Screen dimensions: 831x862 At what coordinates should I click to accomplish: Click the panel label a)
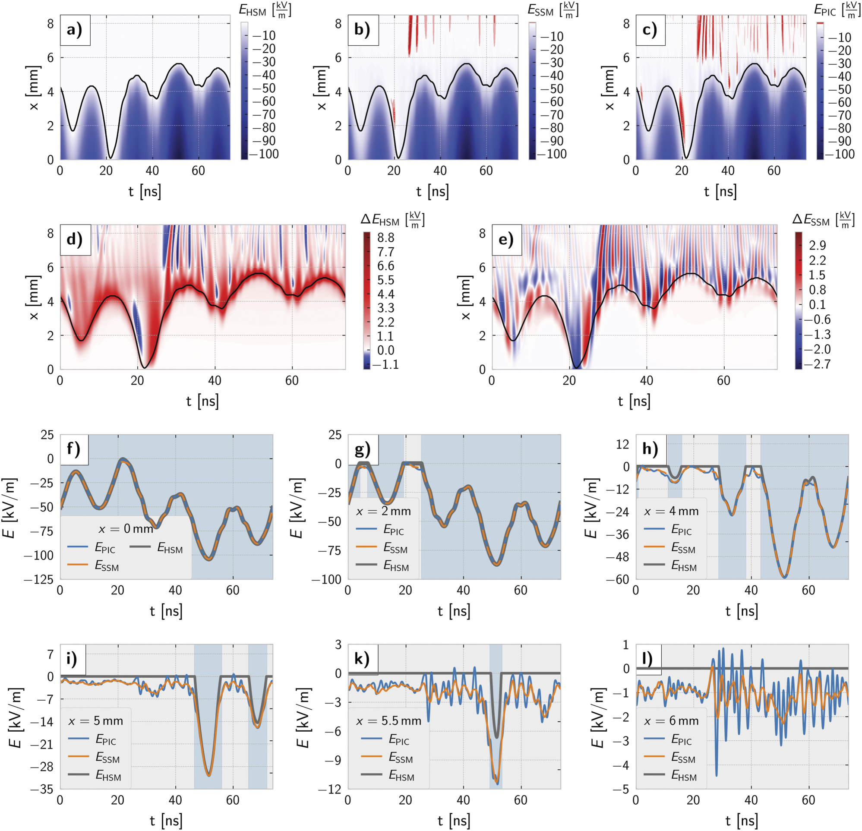[x=75, y=30]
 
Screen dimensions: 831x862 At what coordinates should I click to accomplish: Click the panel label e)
[x=506, y=240]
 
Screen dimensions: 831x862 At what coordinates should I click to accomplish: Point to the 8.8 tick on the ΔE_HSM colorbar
[x=386, y=238]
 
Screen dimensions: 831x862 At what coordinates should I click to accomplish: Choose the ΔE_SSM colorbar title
[x=821, y=220]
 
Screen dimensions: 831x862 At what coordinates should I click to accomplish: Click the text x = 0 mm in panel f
[x=125, y=528]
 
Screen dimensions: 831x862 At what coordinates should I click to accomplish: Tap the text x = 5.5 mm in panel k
[x=389, y=720]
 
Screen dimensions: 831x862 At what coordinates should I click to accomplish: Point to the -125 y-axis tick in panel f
[x=41, y=579]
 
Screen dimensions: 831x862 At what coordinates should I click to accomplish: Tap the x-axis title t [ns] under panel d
[x=202, y=401]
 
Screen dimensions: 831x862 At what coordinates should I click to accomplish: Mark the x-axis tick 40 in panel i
[x=175, y=800]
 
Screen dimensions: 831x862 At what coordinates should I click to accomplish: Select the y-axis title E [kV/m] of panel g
[x=297, y=508]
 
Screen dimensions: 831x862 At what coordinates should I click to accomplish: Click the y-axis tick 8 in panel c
[x=626, y=23]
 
